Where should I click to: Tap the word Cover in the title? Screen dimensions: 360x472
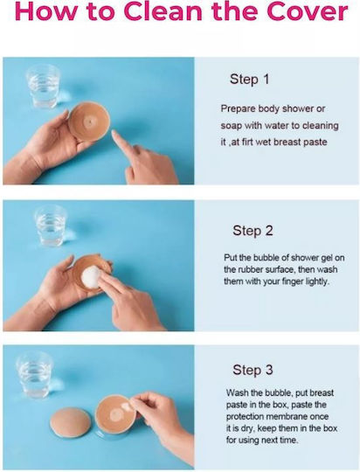click(307, 11)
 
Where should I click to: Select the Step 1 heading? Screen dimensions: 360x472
click(249, 80)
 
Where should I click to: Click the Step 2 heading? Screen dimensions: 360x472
click(253, 231)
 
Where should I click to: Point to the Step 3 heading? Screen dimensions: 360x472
click(253, 370)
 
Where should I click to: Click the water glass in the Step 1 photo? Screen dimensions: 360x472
click(44, 86)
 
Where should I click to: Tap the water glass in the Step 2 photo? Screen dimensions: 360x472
click(51, 226)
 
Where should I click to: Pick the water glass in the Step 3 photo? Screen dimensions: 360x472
click(35, 375)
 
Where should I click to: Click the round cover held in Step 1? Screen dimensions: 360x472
click(88, 121)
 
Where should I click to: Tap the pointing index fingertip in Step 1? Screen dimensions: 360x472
click(115, 134)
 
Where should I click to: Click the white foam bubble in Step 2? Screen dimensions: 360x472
click(92, 277)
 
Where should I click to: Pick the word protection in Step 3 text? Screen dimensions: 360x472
click(244, 417)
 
